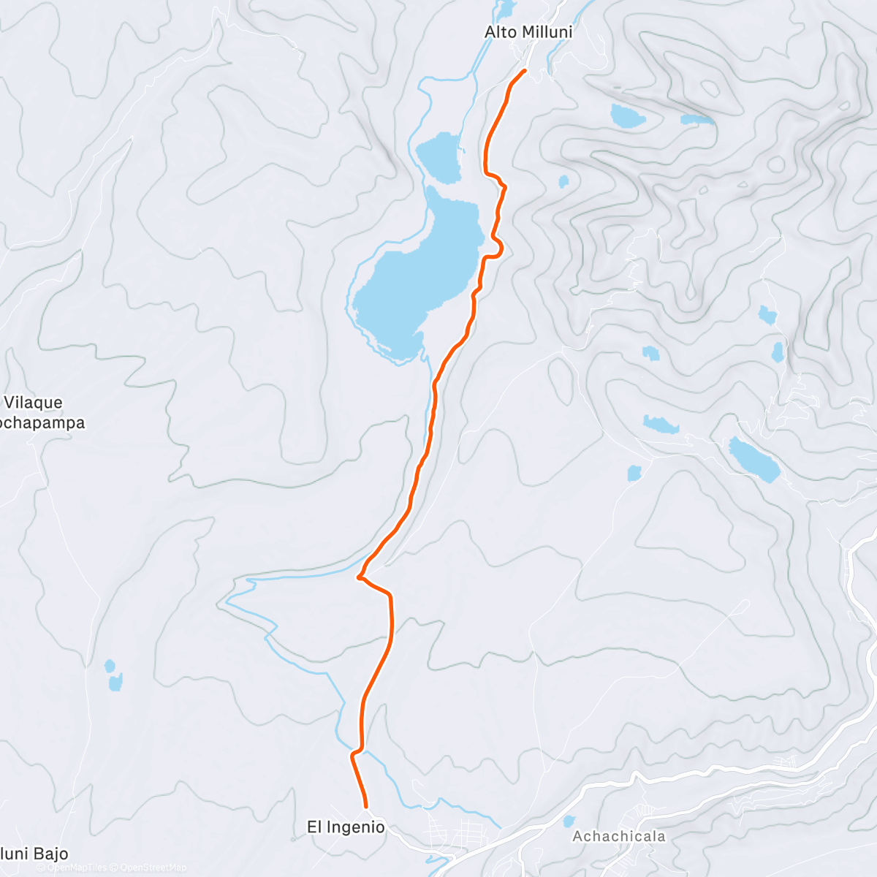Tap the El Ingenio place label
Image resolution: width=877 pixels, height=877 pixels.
click(346, 827)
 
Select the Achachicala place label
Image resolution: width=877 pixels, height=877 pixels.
click(619, 836)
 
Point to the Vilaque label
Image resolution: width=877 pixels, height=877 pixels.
click(34, 403)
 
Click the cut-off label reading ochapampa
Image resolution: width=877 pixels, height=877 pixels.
click(42, 423)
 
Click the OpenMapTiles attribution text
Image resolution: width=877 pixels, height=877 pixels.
click(77, 867)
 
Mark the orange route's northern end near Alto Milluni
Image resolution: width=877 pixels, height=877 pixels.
click(525, 70)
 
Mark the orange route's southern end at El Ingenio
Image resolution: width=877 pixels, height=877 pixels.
click(365, 806)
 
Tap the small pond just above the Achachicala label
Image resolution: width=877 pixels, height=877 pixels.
click(569, 821)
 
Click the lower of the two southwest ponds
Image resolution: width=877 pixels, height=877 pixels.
click(115, 683)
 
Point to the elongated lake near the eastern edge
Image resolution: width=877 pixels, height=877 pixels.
click(754, 460)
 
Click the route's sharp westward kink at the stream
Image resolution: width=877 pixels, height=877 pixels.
click(359, 577)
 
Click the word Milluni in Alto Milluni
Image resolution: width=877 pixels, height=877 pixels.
click(546, 32)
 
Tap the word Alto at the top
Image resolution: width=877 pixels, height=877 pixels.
click(500, 32)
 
